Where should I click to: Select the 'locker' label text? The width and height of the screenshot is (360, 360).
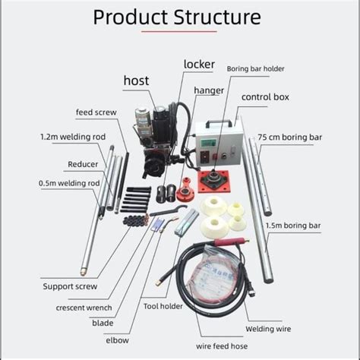coord(199,65)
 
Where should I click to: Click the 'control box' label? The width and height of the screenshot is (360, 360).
coord(265,97)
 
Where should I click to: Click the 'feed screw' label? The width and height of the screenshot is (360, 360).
coord(96,112)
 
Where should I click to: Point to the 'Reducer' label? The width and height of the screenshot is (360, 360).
coord(83,163)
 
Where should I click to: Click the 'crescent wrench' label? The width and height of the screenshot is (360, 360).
coord(84,308)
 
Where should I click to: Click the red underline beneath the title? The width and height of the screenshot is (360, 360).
coord(179,31)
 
